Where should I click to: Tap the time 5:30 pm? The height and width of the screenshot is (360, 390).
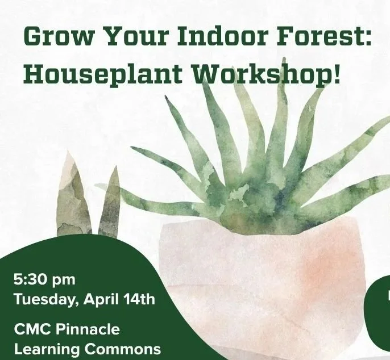click(x=44, y=279)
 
